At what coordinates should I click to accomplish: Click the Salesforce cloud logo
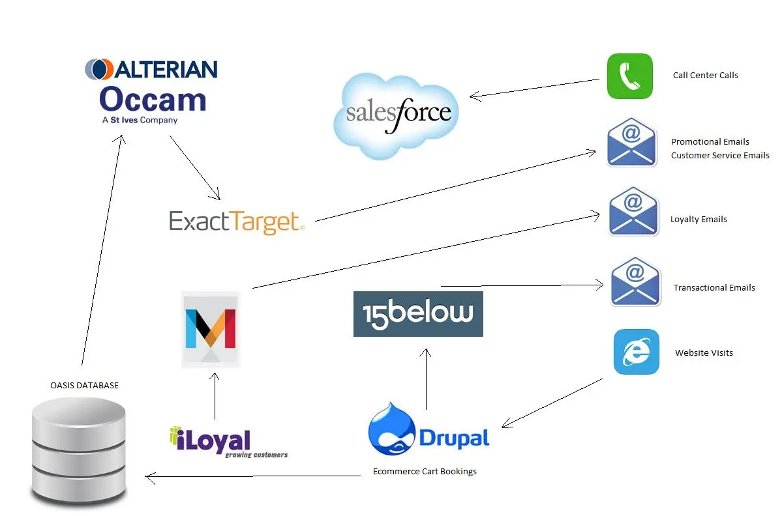point(396,115)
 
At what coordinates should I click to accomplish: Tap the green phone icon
point(629,76)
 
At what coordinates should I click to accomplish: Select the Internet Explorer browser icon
point(636,352)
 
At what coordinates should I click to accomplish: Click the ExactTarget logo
point(237,222)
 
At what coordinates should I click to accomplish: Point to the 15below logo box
point(418,313)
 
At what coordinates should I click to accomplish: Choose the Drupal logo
point(429,431)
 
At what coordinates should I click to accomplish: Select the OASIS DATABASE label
point(85,385)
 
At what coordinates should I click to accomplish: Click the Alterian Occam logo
point(152,91)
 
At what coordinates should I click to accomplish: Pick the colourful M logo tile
point(211,329)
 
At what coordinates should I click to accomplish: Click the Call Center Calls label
point(705,75)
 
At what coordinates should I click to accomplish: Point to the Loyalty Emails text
point(699,220)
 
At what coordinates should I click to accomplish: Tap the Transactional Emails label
point(714,287)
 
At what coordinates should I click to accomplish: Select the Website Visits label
point(704,352)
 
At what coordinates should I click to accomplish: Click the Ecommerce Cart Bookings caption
point(425,471)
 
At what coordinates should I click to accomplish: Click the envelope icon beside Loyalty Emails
point(633,212)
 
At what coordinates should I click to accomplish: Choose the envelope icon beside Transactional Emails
point(635,281)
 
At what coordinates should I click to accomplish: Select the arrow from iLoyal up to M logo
point(214,396)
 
